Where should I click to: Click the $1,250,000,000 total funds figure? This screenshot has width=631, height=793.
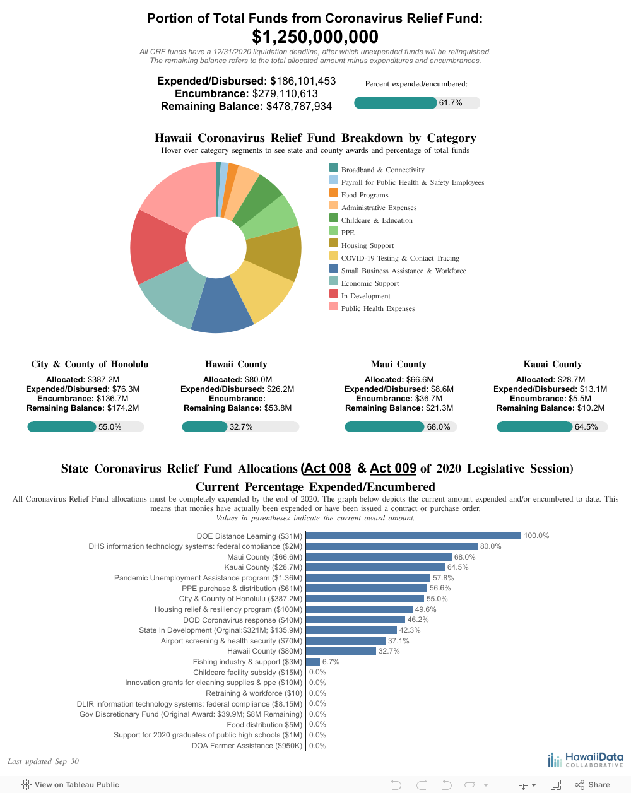tap(315, 37)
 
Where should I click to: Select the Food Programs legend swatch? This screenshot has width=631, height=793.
tap(334, 192)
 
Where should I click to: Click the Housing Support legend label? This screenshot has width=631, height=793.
tap(367, 245)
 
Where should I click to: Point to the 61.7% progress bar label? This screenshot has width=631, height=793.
tap(451, 103)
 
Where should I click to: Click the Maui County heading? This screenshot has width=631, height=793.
tap(398, 364)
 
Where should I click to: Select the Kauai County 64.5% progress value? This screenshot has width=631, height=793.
tap(586, 426)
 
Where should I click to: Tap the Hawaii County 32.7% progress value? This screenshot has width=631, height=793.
tap(241, 426)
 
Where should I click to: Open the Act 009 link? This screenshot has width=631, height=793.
tap(393, 468)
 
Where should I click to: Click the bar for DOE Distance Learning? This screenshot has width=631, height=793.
tap(413, 536)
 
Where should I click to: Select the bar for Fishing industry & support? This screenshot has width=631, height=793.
tap(313, 661)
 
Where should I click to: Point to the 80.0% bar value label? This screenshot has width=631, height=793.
tap(490, 546)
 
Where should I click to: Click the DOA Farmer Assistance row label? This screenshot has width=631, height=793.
tap(247, 746)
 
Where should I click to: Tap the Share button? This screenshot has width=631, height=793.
tap(593, 785)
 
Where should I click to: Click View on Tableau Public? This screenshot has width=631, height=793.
tap(70, 785)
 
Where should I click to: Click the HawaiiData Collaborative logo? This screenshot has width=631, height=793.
tap(586, 760)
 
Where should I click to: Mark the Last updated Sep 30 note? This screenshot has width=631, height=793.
tap(43, 761)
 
